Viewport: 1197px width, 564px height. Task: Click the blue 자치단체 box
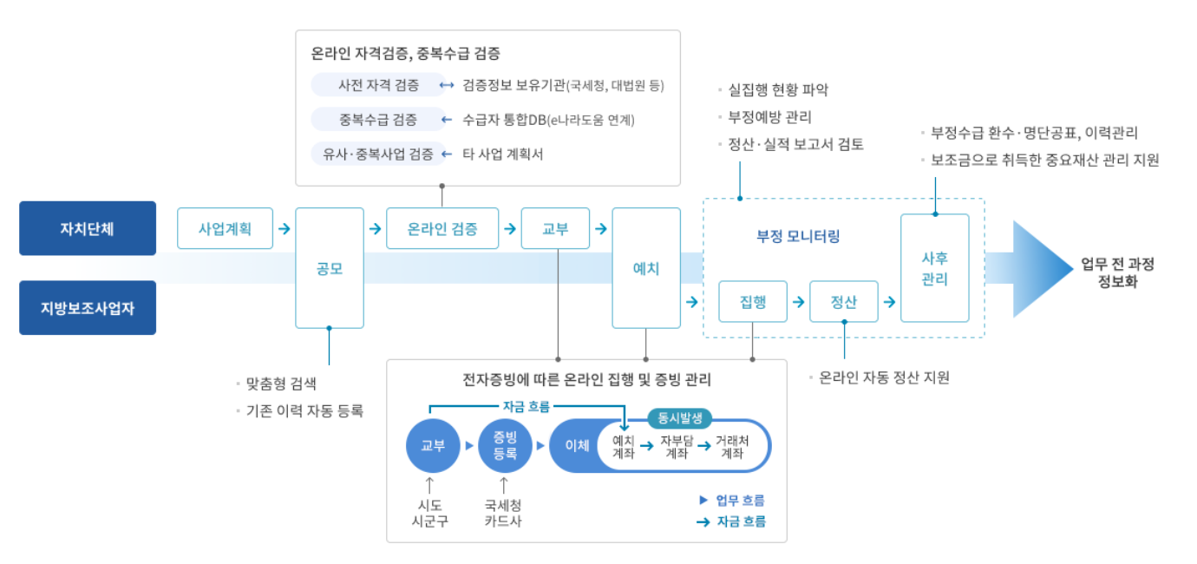pyautogui.click(x=87, y=229)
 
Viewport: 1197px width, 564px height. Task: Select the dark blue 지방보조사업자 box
pyautogui.click(x=87, y=307)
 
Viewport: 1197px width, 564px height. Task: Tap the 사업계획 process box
pyautogui.click(x=225, y=229)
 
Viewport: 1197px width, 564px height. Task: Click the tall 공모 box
pyautogui.click(x=330, y=268)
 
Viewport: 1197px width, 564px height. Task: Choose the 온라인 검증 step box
pyautogui.click(x=442, y=229)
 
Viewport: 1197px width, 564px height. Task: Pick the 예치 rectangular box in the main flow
pyautogui.click(x=646, y=268)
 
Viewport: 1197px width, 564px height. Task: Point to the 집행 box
pyautogui.click(x=753, y=302)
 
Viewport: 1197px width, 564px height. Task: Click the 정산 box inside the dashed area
pyautogui.click(x=844, y=302)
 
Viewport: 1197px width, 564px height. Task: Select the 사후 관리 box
pyautogui.click(x=935, y=268)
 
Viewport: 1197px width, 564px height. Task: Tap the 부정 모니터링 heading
pyautogui.click(x=798, y=236)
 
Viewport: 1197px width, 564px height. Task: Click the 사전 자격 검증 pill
pyautogui.click(x=378, y=85)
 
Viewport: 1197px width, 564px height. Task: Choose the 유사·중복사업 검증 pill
pyautogui.click(x=378, y=154)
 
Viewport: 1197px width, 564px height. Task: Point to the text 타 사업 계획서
pyautogui.click(x=503, y=154)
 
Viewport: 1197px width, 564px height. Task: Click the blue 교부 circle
pyautogui.click(x=432, y=446)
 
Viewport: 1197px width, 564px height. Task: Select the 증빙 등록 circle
pyautogui.click(x=504, y=446)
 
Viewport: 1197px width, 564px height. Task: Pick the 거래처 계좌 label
pyautogui.click(x=732, y=447)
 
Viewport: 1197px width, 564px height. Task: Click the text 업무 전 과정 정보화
pyautogui.click(x=1117, y=272)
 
